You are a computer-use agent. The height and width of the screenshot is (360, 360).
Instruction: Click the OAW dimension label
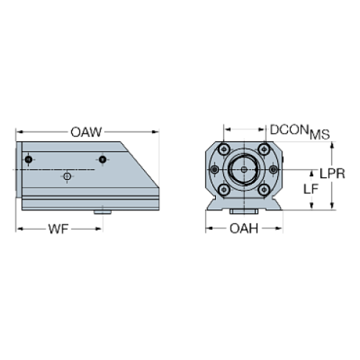(x=86, y=132)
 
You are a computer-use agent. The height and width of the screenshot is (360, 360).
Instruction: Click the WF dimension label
(x=58, y=228)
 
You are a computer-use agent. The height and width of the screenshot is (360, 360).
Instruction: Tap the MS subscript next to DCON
(x=320, y=134)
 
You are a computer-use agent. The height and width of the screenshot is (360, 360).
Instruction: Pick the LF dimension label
(x=312, y=190)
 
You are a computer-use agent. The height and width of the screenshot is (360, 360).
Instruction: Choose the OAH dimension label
(x=244, y=228)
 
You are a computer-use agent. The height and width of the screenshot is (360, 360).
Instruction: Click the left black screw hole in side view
(x=28, y=159)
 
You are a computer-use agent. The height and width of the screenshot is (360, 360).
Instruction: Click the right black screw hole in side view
(x=103, y=159)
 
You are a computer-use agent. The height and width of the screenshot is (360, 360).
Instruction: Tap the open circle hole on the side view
(x=67, y=177)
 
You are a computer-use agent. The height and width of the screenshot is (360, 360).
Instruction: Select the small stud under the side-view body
(x=101, y=212)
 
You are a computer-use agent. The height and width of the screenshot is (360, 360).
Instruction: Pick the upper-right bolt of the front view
(x=264, y=151)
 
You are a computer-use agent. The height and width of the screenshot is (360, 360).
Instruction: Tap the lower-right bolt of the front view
(x=264, y=189)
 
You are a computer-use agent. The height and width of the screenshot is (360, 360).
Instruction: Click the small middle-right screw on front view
(x=275, y=170)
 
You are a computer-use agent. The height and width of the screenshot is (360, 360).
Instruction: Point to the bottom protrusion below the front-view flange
(x=244, y=212)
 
